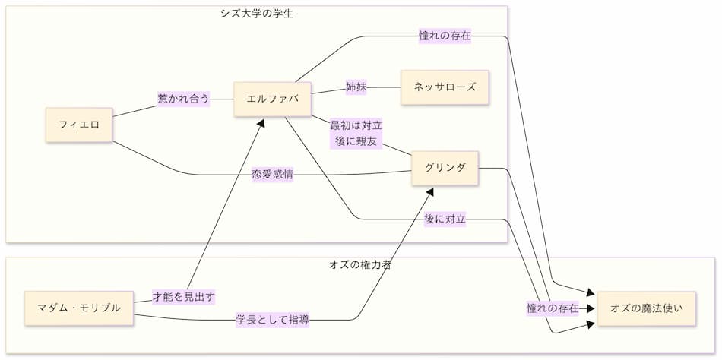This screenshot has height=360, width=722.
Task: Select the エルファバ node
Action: coord(272,99)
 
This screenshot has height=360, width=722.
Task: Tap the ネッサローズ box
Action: coord(445,87)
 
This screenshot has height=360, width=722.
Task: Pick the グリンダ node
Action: coord(445,168)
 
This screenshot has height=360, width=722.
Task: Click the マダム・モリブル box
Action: coord(79,308)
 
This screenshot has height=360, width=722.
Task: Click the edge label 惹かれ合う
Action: coord(183,99)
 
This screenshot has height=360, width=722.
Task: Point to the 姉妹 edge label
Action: coord(356,87)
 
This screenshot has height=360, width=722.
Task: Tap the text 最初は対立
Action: coord(356,125)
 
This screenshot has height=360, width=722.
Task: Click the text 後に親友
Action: coord(356,141)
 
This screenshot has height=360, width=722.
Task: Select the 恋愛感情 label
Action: coord(273,175)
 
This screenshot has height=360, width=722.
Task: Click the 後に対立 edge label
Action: coord(445,219)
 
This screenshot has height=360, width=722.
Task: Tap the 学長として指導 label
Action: coord(273,320)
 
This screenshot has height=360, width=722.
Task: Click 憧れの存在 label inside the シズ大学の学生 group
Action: coord(445,36)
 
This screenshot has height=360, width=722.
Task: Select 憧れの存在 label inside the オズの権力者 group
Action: coord(553,308)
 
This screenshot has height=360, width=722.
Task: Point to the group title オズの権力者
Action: coord(360,265)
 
